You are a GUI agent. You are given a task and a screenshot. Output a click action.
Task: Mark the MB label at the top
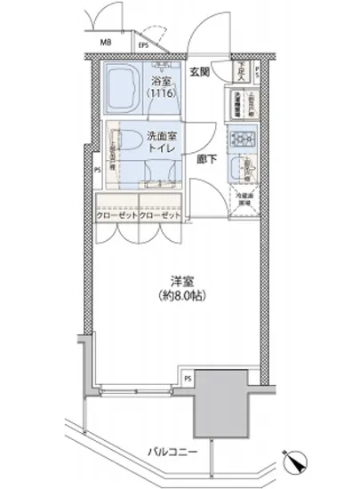pos(105,42)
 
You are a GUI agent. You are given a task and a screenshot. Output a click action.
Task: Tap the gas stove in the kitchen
pos(242,139)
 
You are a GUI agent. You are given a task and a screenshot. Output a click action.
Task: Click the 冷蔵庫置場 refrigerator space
pos(243,198)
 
